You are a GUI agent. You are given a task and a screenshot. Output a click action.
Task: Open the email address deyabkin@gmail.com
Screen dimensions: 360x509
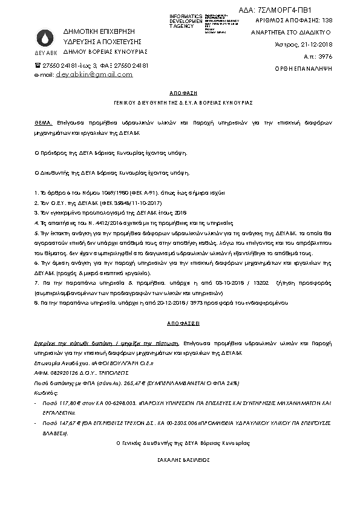(94, 74)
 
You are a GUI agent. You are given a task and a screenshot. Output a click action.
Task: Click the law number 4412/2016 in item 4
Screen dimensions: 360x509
(90, 223)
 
